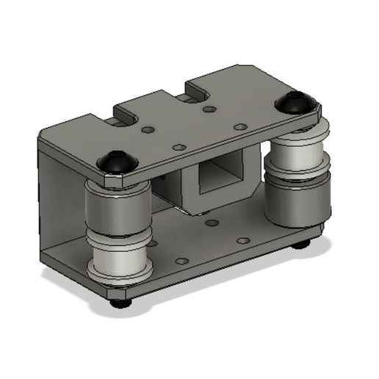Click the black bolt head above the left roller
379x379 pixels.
(x=116, y=161)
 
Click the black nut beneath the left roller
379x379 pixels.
(x=121, y=300)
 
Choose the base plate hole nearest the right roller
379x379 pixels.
(x=242, y=239)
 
